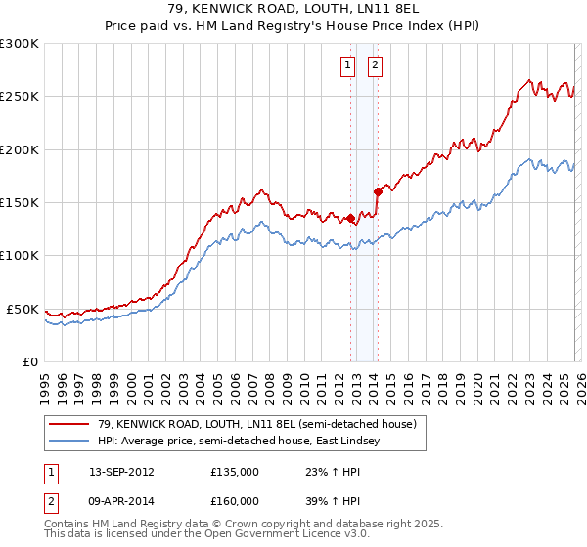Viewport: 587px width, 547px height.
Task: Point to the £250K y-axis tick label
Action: tap(20, 97)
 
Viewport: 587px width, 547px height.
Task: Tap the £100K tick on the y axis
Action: tap(20, 255)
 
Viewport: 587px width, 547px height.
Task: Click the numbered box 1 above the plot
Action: tap(347, 65)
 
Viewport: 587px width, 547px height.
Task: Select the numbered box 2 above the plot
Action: tap(375, 65)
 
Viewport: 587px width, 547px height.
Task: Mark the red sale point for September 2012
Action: tap(350, 219)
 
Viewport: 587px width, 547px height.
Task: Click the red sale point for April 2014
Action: tap(378, 191)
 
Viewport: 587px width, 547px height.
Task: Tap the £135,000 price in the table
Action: tap(234, 472)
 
